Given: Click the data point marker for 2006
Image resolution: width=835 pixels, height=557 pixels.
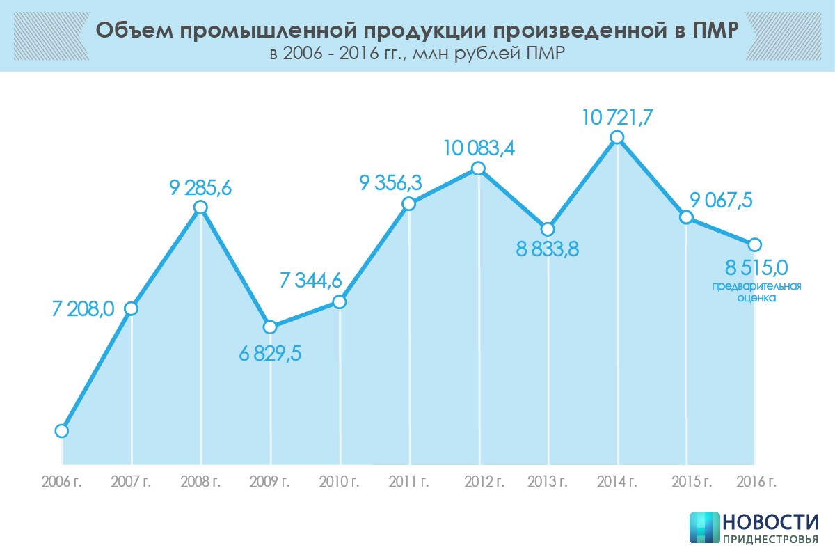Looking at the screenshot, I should click(61, 431).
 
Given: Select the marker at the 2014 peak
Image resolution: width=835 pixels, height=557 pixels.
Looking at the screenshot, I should click(617, 138).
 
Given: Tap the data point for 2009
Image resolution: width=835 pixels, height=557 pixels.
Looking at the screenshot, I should click(270, 327).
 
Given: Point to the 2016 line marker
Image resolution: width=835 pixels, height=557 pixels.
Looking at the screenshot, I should click(754, 244).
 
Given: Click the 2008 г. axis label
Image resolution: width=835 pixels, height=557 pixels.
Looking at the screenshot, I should click(201, 482).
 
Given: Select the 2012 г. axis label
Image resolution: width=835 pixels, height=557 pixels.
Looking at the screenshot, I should click(479, 482).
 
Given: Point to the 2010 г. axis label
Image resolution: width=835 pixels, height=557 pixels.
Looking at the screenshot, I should click(340, 482).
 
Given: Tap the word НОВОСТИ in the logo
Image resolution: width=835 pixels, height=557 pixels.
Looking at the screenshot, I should click(770, 522).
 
